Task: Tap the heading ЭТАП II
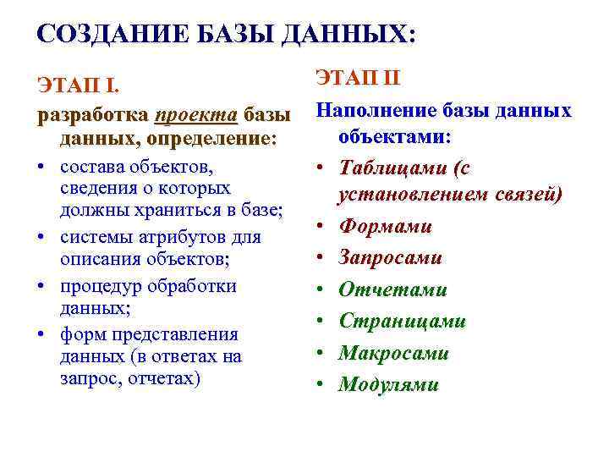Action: point(358,79)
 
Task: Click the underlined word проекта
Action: point(195,113)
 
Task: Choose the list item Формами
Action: point(385,226)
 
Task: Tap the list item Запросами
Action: point(391,257)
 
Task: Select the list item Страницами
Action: point(402,321)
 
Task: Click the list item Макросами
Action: point(393,353)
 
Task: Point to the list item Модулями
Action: point(388,384)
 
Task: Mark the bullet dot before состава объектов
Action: point(41,162)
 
